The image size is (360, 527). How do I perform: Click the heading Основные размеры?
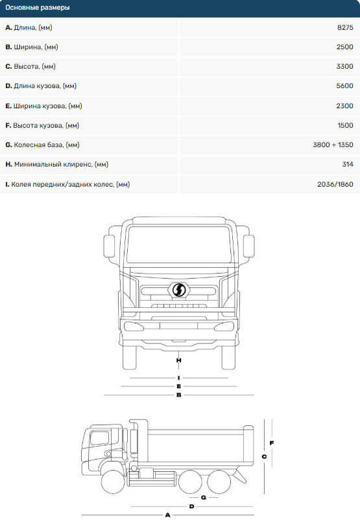tap(38, 7)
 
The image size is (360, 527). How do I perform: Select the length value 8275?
tap(345, 28)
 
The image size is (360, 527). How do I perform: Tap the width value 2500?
tap(345, 47)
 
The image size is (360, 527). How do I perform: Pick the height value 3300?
tap(345, 67)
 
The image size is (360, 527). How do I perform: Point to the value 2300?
tap(345, 106)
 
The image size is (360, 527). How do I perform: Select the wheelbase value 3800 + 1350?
tap(333, 145)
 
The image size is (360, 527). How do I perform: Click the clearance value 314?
tap(348, 165)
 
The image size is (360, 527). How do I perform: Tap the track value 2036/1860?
tap(335, 184)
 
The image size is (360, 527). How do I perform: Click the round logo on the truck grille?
tap(179, 290)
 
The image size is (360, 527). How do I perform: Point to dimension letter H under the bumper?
tap(178, 360)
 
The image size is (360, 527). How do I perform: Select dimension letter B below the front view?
tap(178, 395)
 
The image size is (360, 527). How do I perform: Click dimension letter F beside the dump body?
tap(272, 443)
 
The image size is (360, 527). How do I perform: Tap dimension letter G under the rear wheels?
tap(204, 497)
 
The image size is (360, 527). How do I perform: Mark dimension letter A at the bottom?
tap(167, 515)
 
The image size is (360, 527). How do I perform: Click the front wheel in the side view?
tap(114, 482)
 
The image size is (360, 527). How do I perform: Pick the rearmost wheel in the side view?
tap(219, 482)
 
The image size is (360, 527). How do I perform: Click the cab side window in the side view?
tap(99, 438)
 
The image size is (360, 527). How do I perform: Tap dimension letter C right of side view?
tap(264, 456)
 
